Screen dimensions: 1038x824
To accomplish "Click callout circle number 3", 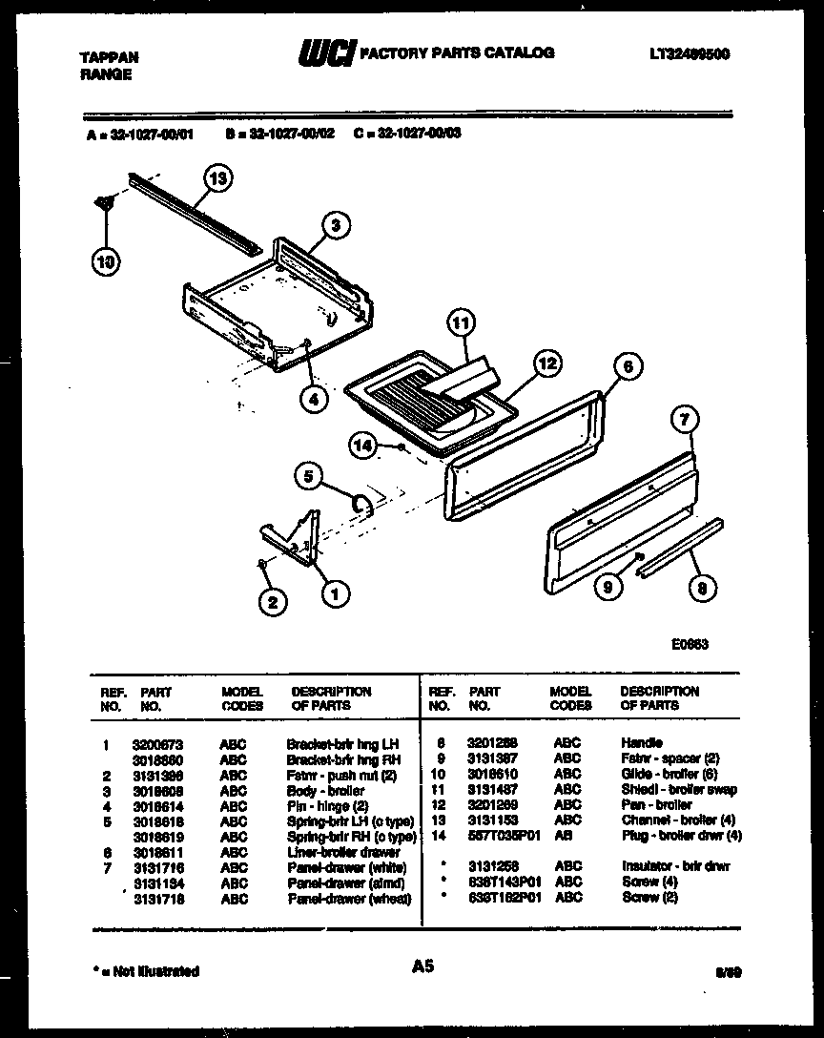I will [x=334, y=225].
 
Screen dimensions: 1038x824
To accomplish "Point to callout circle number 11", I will [x=462, y=323].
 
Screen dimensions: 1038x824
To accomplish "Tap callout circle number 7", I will [x=685, y=418].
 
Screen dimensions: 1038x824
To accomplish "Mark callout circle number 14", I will [x=360, y=444].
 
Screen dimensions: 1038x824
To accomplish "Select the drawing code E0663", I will [x=689, y=644].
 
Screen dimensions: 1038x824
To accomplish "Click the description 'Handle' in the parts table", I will [x=641, y=742].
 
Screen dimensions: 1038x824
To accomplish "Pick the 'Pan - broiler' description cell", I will [x=655, y=805].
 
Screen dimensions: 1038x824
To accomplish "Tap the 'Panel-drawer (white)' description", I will [x=347, y=868].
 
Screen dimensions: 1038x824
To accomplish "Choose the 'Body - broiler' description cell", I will [x=325, y=790].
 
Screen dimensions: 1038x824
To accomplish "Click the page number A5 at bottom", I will [x=422, y=966].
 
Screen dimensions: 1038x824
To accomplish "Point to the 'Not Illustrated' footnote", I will [x=148, y=971].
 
